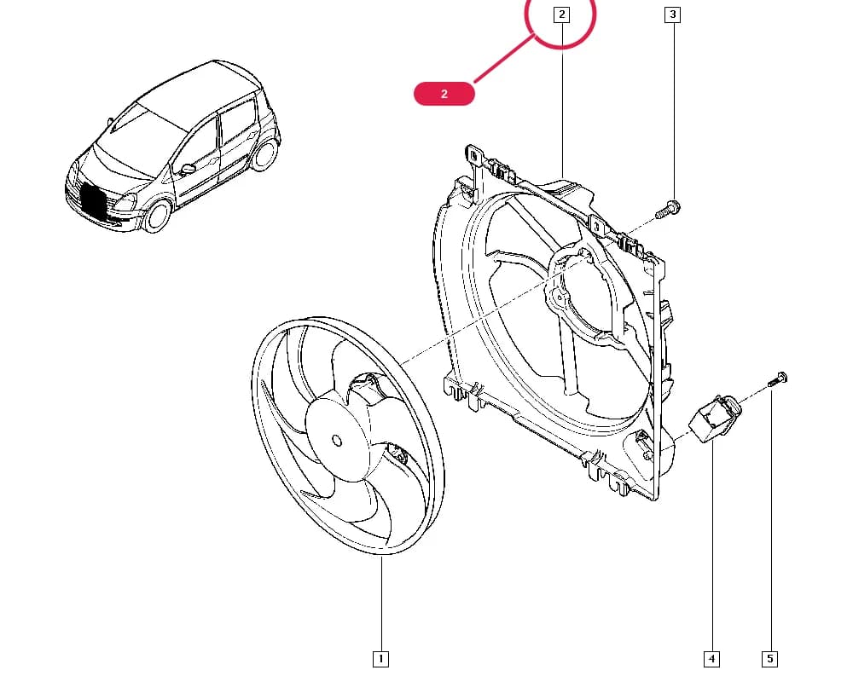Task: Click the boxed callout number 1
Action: pos(380,659)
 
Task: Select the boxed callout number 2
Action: pos(561,14)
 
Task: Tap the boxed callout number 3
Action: pos(673,14)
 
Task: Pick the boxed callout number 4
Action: pos(711,659)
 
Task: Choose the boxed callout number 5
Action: pos(769,659)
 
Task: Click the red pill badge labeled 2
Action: pos(444,94)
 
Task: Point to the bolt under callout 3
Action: pos(668,210)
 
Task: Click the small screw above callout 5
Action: pos(779,378)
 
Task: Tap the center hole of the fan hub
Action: pos(337,440)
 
